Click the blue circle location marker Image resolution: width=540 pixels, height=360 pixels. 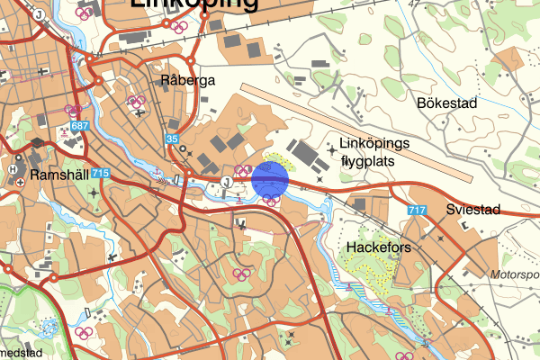click(270, 179)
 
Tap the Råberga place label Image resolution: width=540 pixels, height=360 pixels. click(188, 81)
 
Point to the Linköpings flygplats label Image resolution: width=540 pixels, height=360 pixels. click(374, 153)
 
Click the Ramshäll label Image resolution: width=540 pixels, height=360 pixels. click(58, 175)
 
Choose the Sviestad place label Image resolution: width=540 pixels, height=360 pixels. click(472, 210)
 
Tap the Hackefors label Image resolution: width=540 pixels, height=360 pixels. click(378, 245)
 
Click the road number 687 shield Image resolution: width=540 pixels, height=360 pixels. click(79, 125)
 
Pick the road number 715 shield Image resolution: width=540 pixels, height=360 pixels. click(100, 173)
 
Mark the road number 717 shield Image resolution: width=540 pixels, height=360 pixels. click(416, 211)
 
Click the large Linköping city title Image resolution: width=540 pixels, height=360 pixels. click(193, 5)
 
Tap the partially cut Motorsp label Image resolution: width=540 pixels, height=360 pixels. click(516, 274)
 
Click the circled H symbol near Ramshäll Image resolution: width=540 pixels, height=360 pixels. click(13, 168)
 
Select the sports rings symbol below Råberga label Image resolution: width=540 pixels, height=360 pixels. click(136, 101)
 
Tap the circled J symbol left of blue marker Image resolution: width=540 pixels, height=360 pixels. click(226, 181)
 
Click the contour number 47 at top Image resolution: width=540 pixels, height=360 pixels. click(413, 4)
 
